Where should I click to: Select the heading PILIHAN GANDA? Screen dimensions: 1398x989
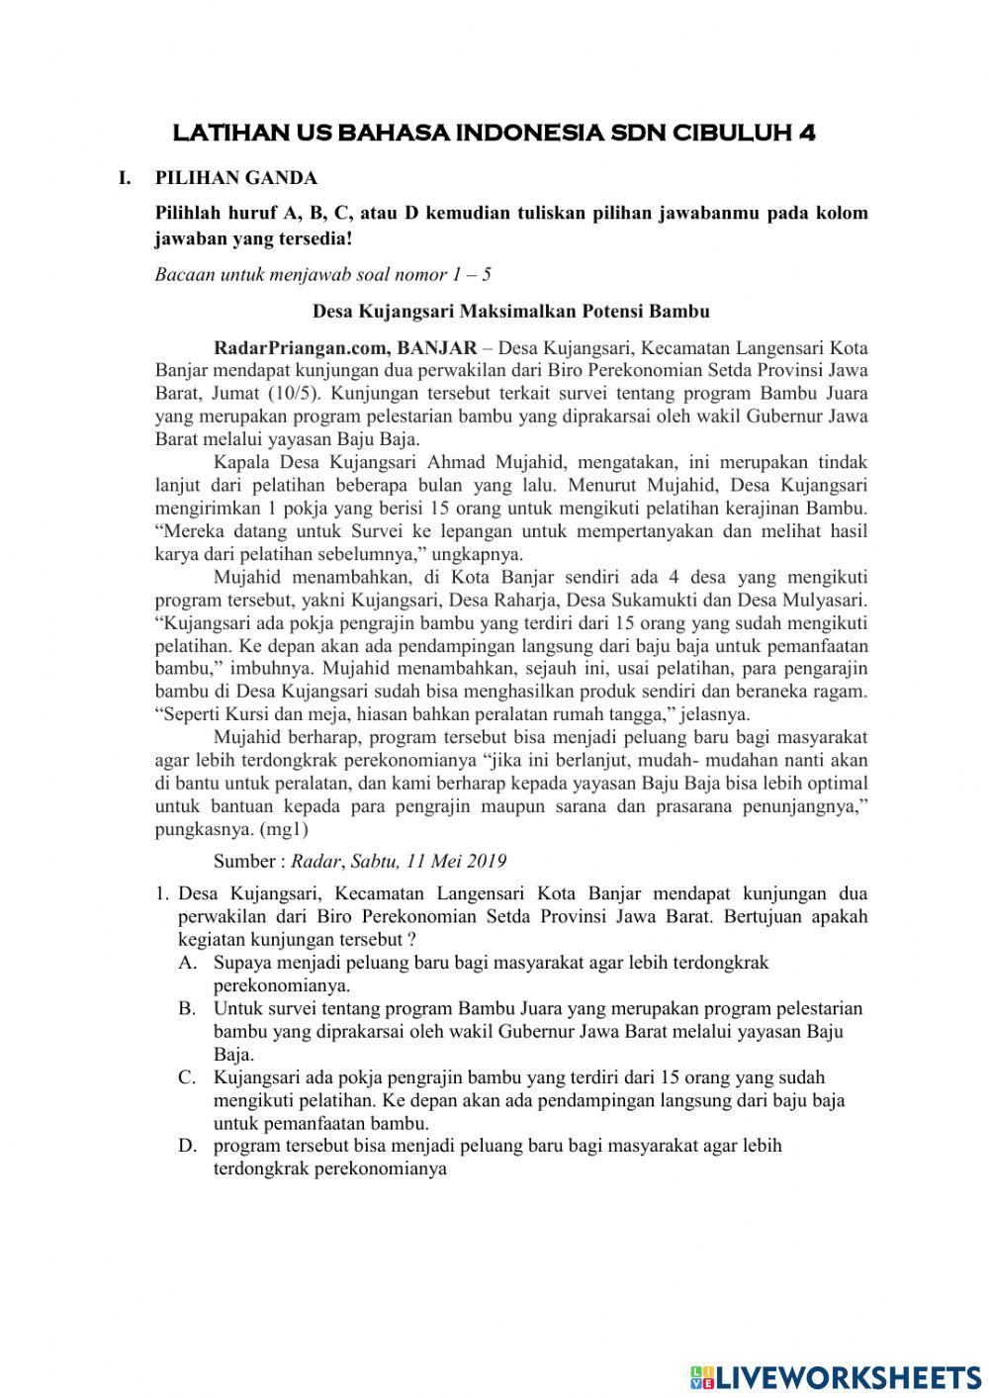pos(236,178)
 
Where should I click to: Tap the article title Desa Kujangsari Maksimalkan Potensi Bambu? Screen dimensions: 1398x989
pos(511,311)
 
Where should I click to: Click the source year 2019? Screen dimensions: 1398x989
pos(486,861)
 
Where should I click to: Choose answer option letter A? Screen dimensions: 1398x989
pos(186,962)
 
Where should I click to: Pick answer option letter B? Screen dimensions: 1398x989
pos(186,1008)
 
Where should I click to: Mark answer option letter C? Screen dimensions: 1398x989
pos(186,1077)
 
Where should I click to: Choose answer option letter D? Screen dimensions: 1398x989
pos(186,1146)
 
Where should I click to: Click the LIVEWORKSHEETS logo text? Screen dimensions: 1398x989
pos(847,1377)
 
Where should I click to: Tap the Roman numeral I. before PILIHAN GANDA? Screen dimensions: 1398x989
pos(125,178)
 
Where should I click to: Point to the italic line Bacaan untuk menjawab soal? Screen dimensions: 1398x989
pos(322,274)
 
